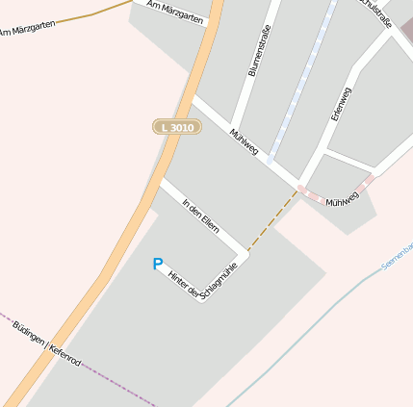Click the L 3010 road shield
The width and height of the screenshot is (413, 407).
177,127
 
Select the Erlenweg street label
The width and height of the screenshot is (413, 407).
340,103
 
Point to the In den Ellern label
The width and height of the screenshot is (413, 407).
200,215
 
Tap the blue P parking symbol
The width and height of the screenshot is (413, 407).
158,264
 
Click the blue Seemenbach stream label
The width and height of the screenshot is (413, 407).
398,253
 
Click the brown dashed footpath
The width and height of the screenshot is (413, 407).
272,221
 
